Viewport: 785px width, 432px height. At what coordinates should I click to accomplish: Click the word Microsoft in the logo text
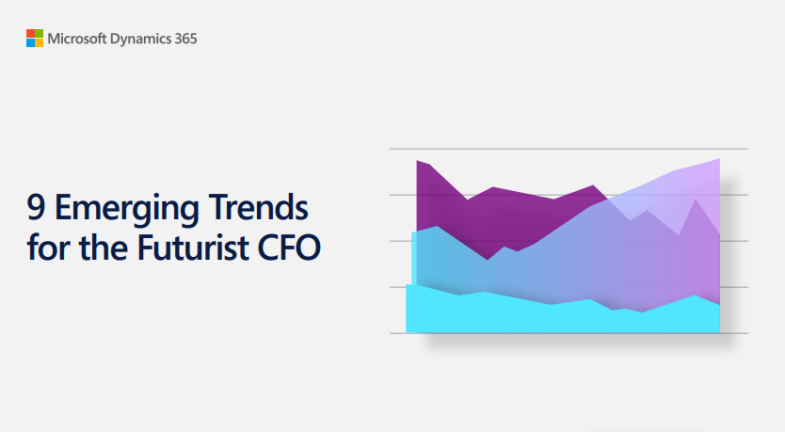pyautogui.click(x=77, y=39)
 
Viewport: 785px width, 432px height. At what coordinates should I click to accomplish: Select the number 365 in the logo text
pyautogui.click(x=185, y=39)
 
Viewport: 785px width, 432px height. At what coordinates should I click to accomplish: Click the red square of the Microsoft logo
pyautogui.click(x=30, y=33)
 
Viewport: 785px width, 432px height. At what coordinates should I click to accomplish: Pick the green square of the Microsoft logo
pyautogui.click(x=39, y=33)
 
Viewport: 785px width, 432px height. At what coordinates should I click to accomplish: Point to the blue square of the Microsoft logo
pyautogui.click(x=30, y=42)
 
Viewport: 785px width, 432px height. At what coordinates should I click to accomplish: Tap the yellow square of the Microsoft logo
pyautogui.click(x=39, y=42)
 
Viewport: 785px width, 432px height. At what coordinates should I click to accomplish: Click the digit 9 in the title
pyautogui.click(x=36, y=208)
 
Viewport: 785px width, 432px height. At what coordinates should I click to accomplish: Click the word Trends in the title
pyautogui.click(x=258, y=207)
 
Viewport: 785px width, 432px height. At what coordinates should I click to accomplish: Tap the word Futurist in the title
pyautogui.click(x=193, y=247)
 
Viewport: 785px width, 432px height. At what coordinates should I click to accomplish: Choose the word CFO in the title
pyautogui.click(x=289, y=248)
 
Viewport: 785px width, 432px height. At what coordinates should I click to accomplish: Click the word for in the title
pyautogui.click(x=48, y=247)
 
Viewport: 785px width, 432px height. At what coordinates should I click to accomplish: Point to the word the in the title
pyautogui.click(x=104, y=247)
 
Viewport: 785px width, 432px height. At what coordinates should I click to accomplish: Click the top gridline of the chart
pyautogui.click(x=569, y=149)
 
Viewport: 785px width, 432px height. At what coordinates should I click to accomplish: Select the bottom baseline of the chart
pyautogui.click(x=569, y=333)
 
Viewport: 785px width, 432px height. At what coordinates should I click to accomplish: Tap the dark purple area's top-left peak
pyautogui.click(x=418, y=161)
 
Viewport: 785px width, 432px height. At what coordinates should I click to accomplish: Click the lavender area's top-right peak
pyautogui.click(x=719, y=159)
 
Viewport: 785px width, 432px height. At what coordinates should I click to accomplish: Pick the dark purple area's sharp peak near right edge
pyautogui.click(x=696, y=200)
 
